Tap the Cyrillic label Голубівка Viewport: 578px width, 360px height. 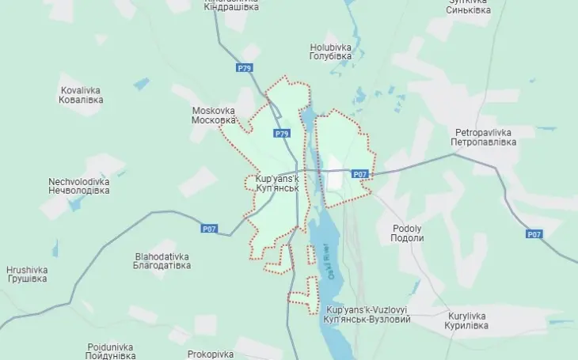(330, 57)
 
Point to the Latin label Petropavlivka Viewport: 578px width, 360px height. (485, 131)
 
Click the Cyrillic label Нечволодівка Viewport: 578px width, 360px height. (78, 191)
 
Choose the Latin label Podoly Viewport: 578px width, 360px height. (407, 228)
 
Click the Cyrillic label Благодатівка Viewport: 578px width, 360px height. (163, 266)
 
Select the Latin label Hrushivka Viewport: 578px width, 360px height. (27, 269)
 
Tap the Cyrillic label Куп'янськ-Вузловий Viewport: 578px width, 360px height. (367, 319)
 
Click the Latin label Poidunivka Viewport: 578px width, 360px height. (111, 347)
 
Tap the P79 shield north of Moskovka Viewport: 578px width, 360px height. (244, 68)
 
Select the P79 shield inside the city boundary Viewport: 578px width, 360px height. (282, 133)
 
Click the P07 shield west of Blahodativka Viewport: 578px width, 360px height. (208, 229)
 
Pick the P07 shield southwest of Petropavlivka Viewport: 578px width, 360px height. (360, 173)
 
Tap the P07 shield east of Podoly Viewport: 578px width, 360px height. (535, 234)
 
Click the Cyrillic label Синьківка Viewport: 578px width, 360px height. (468, 10)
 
